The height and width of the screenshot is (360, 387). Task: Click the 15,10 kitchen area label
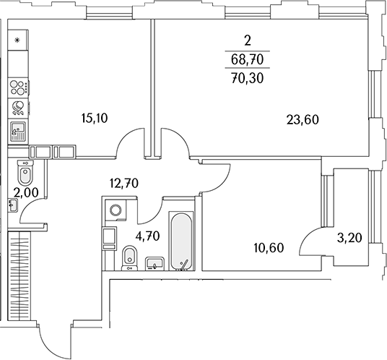click(x=95, y=119)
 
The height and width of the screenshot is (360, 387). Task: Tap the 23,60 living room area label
click(x=303, y=120)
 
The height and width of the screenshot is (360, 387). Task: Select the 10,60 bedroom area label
click(x=269, y=248)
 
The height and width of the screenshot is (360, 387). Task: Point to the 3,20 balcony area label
click(x=349, y=238)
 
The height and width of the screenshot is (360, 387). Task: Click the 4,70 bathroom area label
click(x=148, y=236)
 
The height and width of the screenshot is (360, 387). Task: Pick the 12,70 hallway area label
click(x=124, y=184)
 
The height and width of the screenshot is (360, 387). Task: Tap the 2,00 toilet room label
click(x=26, y=193)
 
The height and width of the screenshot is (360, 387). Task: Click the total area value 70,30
click(x=248, y=78)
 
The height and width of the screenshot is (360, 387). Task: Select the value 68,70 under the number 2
click(x=248, y=59)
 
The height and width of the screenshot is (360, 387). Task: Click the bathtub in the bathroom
click(x=181, y=241)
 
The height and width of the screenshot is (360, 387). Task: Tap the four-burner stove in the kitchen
click(x=19, y=87)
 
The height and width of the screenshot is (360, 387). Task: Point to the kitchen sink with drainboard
click(x=18, y=132)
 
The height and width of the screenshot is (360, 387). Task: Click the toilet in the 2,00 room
click(x=25, y=172)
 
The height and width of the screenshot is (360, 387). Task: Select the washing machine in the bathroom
click(x=116, y=210)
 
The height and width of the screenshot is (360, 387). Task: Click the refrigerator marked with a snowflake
click(x=17, y=40)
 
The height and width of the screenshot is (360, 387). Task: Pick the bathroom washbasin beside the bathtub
click(x=155, y=263)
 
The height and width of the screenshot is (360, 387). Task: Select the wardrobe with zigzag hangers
click(x=19, y=276)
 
